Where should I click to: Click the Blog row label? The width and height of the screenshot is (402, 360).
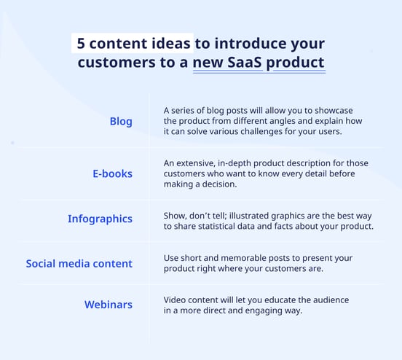point(121,122)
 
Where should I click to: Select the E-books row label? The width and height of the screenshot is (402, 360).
point(113,173)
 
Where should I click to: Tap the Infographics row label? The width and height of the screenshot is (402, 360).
point(100,219)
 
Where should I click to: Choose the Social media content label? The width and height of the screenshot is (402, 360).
point(79,264)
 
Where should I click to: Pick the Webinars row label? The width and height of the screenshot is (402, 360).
point(109,305)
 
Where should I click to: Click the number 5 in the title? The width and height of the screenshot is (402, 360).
point(81,44)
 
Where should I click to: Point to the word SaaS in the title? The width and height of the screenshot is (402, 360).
point(245,63)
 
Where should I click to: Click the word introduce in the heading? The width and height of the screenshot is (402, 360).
point(251,44)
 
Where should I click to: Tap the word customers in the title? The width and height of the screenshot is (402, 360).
point(117,63)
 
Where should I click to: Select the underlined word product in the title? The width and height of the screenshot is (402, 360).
point(296,63)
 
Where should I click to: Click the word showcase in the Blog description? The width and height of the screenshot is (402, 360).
point(334,111)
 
